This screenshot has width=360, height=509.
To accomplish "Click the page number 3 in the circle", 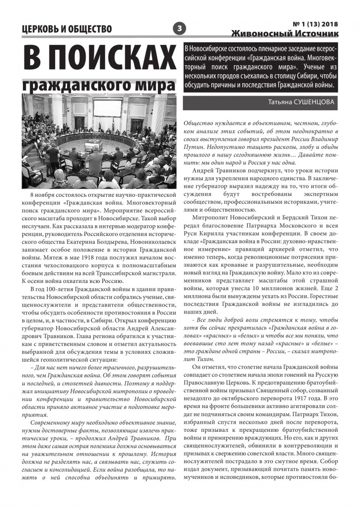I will pyautogui.click(x=180, y=28).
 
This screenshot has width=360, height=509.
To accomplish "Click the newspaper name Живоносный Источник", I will pyautogui.click(x=285, y=33).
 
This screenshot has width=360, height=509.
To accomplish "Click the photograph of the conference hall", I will pyautogui.click(x=99, y=141).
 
